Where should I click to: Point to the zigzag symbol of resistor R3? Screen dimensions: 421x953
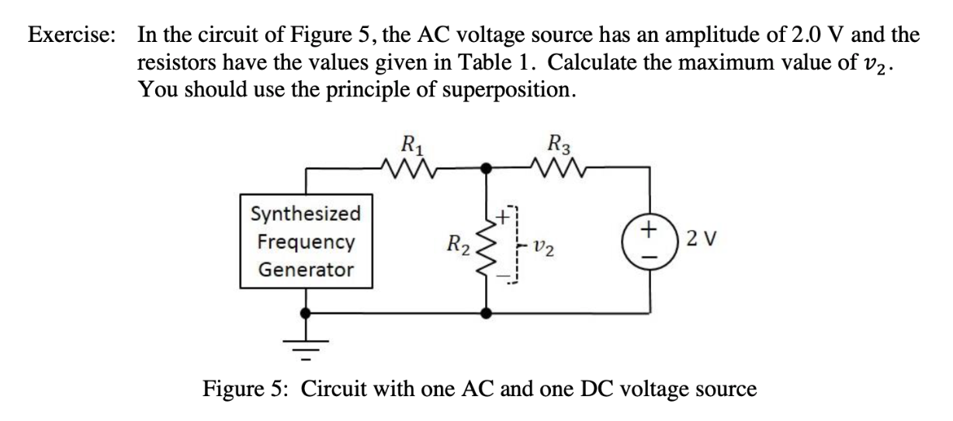[557, 166]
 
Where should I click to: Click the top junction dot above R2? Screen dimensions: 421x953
[487, 167]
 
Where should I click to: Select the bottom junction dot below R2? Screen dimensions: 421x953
[487, 314]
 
